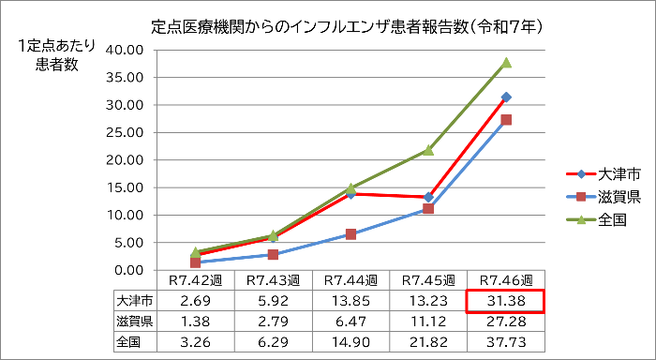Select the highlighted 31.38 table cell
(506, 301)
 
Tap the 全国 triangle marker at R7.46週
(506, 63)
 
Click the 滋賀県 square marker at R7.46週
(506, 120)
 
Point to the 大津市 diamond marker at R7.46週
(506, 97)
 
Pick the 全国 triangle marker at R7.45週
(428, 150)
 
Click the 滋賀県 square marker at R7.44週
(350, 234)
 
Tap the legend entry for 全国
(589, 220)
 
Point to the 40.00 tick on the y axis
(126, 51)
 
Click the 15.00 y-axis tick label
(126, 187)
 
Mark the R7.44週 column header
(350, 280)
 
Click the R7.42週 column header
(195, 280)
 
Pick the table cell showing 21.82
(428, 342)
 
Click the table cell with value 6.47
(350, 322)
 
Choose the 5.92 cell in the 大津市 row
(273, 301)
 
